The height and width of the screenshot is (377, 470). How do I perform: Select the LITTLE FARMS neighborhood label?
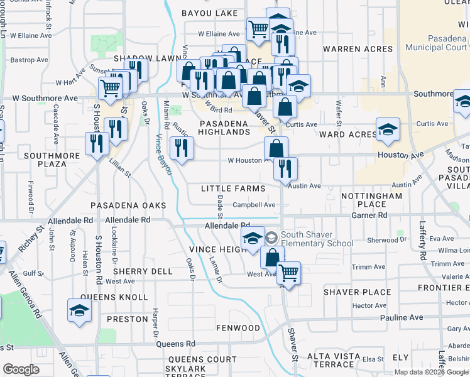pos(233,188)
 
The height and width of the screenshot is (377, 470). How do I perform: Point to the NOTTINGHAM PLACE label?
pos(371,200)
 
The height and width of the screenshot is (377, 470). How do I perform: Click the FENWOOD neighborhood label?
pos(238,328)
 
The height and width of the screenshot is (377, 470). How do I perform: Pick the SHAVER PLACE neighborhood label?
pos(358,292)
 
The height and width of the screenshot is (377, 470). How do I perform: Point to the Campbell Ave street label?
pos(254,205)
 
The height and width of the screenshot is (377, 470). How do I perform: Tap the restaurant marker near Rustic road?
pos(180,148)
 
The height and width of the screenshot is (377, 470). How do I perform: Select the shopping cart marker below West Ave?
pos(288,273)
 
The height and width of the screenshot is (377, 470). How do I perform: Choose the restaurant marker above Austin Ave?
pos(285,168)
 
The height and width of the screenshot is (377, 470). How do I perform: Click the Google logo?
pos(21,369)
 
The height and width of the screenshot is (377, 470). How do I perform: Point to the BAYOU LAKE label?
pos(210,13)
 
